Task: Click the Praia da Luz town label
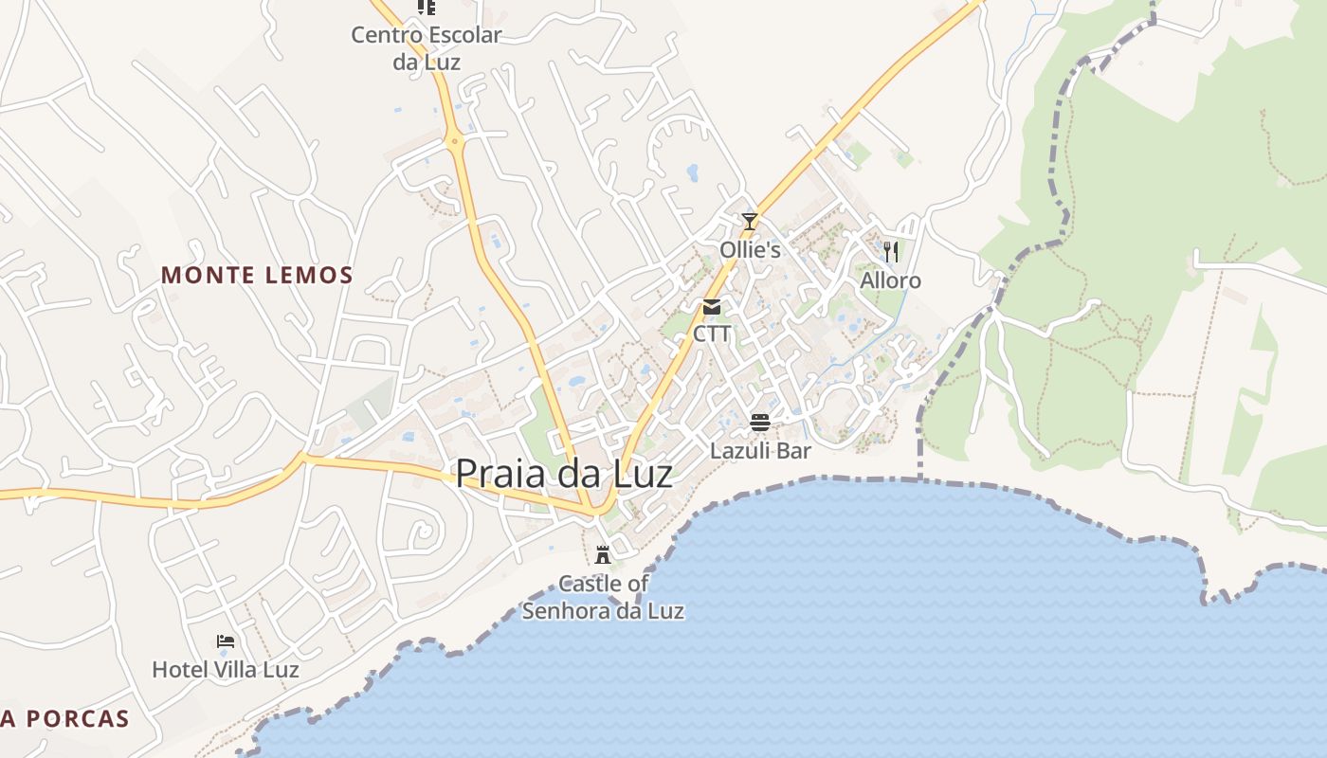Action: (564, 474)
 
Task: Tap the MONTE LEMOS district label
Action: (257, 276)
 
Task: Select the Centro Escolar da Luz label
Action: (427, 48)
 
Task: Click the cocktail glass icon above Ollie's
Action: (750, 222)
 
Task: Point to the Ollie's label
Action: (750, 250)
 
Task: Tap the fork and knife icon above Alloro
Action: (890, 251)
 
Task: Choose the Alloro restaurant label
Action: (890, 281)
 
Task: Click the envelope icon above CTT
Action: (712, 307)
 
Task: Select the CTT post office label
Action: (712, 334)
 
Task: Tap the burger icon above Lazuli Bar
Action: (760, 422)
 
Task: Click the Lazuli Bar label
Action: (760, 451)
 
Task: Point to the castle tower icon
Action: (602, 554)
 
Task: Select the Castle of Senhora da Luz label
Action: (603, 597)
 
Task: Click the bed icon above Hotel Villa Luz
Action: (226, 641)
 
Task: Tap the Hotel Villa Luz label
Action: (226, 670)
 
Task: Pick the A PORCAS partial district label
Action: (64, 719)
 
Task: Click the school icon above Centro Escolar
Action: (427, 8)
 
